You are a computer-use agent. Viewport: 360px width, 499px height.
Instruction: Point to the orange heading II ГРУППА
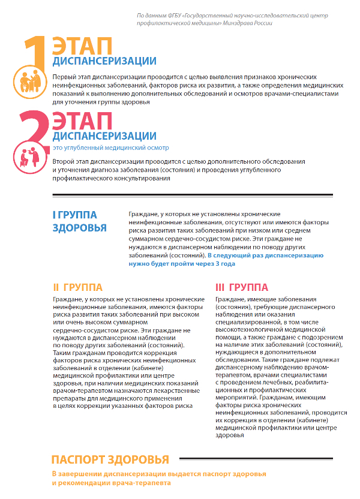click(78, 287)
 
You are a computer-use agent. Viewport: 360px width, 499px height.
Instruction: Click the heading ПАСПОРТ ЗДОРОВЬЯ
click(110, 460)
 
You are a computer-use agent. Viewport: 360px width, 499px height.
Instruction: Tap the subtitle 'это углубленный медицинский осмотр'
click(111, 148)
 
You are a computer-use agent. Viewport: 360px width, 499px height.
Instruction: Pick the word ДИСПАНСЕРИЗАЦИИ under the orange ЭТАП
click(104, 62)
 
